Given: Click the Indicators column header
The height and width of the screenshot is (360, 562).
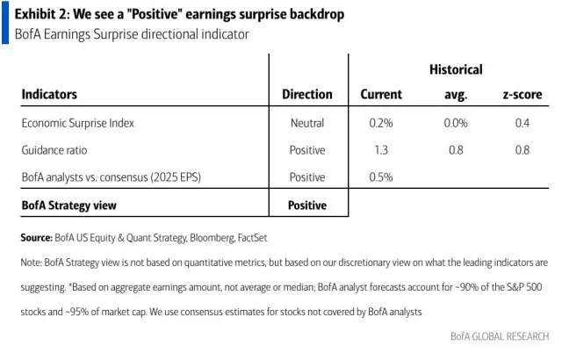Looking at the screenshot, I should point(49,94).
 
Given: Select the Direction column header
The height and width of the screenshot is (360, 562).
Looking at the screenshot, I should point(307,94).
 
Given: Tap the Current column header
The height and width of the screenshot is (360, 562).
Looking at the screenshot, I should point(381,94).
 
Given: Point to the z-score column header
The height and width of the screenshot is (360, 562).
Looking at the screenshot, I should point(521,94).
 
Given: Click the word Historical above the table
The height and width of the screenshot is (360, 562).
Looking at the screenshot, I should point(456,69).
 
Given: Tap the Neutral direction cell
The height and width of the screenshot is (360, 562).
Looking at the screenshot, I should point(307,123).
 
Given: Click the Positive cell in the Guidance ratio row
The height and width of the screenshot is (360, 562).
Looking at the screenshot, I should point(307,150).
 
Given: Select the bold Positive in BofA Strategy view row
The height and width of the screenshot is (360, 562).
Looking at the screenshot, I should point(307,205).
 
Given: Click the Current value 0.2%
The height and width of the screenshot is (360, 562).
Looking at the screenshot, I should point(381,123).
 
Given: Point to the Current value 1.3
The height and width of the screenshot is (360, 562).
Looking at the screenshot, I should point(381,150).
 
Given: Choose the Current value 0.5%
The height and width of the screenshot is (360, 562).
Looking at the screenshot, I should point(381,176).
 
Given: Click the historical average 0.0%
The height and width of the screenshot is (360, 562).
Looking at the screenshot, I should point(456,123).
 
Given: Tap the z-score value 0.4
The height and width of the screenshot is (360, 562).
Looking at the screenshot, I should point(522,123).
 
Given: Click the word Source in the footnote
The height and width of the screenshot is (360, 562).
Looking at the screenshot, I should point(36,237).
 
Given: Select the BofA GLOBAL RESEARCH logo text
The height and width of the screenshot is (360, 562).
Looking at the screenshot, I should point(500,336).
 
